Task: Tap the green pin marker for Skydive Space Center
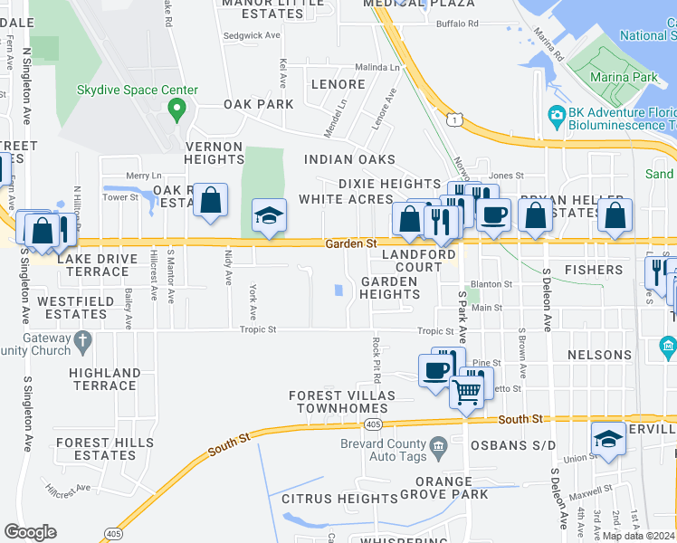(176, 112)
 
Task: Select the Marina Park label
(625, 78)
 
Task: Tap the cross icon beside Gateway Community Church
(83, 342)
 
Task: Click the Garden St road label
(350, 244)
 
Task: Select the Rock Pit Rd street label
(374, 358)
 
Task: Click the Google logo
(30, 532)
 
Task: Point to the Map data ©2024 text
(638, 536)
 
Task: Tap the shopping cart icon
(466, 392)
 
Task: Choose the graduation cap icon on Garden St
(269, 216)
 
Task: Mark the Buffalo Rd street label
(456, 24)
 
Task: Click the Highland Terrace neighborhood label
(105, 379)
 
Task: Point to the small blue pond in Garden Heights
(338, 291)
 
